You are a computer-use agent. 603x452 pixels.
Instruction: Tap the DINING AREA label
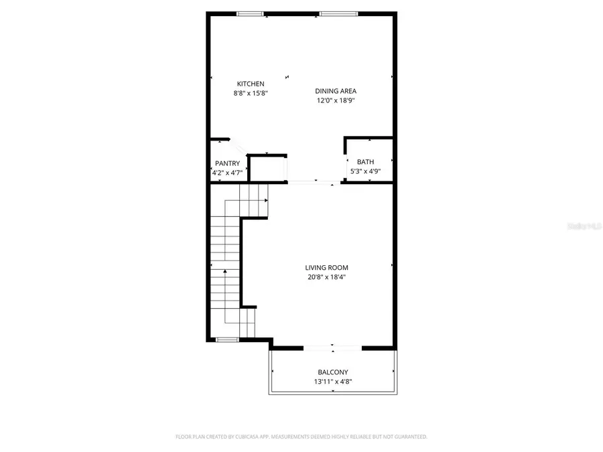coord(336,91)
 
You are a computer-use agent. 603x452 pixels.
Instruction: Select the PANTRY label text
coord(227,163)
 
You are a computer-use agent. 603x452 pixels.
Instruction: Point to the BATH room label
coord(365,162)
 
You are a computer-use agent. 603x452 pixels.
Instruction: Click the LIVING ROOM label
coord(326,268)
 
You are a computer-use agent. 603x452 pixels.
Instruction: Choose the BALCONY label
coord(333,372)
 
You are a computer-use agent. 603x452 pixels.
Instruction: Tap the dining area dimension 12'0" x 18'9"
coord(336,101)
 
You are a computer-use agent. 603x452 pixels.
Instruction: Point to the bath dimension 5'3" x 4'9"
coord(366,171)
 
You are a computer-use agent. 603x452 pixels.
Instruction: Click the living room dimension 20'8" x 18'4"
coord(326,277)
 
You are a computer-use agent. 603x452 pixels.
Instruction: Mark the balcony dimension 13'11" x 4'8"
coord(333,382)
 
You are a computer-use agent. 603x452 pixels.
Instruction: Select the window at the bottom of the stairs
coord(227,340)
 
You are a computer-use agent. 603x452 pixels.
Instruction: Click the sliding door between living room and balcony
coord(332,347)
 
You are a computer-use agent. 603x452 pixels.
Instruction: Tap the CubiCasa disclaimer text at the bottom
coord(301,437)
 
